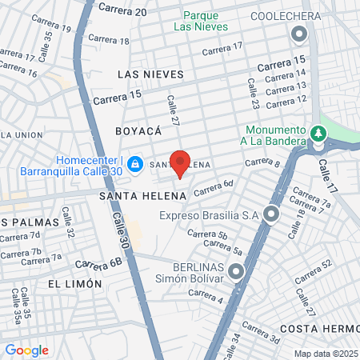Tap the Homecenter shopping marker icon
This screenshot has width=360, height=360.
coord(135,163)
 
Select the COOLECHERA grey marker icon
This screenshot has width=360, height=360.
coord(300,34)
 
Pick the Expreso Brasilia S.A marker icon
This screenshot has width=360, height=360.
coord(272,214)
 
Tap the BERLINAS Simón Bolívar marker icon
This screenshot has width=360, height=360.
coord(236,274)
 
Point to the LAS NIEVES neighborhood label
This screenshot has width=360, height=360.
coord(150,74)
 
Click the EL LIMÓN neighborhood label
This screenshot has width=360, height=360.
coord(75,283)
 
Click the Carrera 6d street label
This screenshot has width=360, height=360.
coord(213,187)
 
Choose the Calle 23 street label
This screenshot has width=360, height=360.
coord(253,94)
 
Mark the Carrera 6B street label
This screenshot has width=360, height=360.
coord(102,261)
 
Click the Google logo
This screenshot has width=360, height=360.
coord(26,350)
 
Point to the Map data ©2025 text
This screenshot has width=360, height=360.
coord(324,354)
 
